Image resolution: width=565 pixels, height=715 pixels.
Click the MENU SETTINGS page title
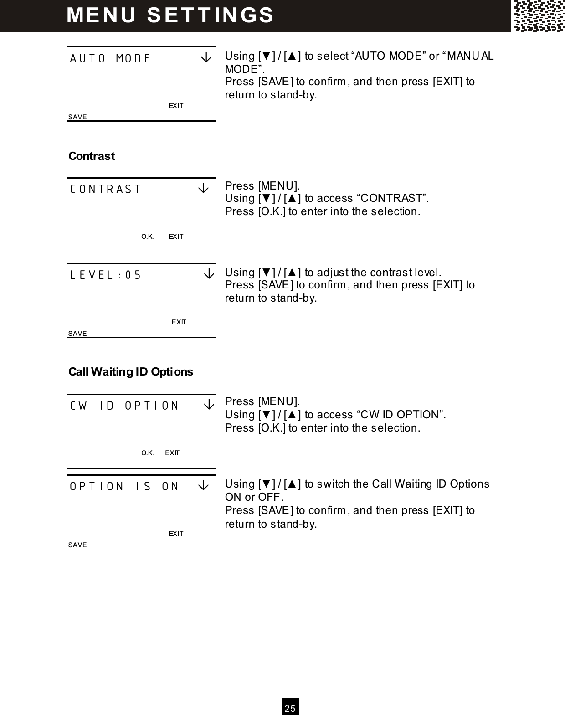pos(170,15)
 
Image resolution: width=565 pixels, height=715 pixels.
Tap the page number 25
pos(290,708)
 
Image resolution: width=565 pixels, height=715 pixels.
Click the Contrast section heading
pos(91,156)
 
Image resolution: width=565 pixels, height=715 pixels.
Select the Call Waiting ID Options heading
pos(130,372)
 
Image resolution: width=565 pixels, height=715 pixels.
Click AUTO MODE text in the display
pos(110,59)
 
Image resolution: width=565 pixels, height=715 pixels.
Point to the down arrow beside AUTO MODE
pos(206,58)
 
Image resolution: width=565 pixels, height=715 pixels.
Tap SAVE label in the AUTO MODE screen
pos(77,117)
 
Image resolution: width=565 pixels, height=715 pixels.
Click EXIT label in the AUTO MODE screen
pos(176,106)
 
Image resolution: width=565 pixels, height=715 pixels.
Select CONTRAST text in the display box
pos(106,189)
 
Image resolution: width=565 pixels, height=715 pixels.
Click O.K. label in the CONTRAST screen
pos(148,237)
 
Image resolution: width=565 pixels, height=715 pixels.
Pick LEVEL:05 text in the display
pos(106,275)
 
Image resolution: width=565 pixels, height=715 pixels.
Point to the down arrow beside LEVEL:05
pos(208,274)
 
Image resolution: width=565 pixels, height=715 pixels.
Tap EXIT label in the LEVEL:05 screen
pos(179,322)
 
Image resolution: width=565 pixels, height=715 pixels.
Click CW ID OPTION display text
pos(124,406)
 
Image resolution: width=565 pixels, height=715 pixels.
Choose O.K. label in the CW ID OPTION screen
pos(148,453)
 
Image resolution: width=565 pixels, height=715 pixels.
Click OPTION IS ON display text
pos(124,486)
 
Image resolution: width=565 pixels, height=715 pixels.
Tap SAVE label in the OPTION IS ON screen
pos(77,545)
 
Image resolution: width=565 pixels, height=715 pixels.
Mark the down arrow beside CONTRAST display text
pos(203,189)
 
